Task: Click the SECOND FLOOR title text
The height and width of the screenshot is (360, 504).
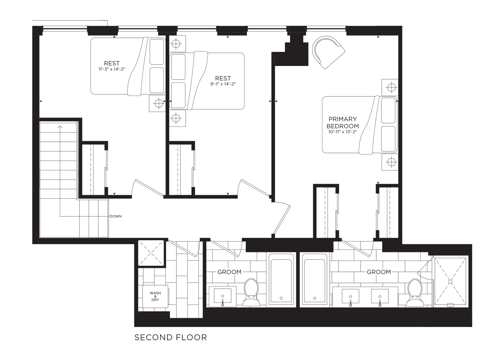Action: point(171,338)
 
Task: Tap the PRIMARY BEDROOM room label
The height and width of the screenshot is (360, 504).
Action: point(342,122)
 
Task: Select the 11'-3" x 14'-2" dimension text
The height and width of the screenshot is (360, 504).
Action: point(112,69)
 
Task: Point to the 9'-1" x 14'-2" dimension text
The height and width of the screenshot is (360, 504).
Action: point(223,84)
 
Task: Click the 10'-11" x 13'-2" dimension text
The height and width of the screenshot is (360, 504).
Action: point(342,132)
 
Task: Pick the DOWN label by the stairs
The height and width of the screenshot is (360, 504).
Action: point(116,216)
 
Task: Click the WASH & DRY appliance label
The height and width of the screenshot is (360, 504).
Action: point(155,296)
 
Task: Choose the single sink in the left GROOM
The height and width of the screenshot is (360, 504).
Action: point(222,296)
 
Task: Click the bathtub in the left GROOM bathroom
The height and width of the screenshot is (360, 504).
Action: point(281,280)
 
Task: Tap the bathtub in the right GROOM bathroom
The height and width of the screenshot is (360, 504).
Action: point(314,280)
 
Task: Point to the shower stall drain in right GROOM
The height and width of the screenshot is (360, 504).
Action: point(450,282)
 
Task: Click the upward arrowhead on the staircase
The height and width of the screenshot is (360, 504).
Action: point(60,127)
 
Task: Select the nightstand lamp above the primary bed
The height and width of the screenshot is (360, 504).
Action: point(392,87)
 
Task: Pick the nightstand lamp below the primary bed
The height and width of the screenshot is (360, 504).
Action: point(392,162)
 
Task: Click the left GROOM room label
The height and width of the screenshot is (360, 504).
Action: point(229,272)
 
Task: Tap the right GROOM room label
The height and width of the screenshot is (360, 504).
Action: point(379,272)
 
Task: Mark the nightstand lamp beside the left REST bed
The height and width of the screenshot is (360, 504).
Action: point(159,103)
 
